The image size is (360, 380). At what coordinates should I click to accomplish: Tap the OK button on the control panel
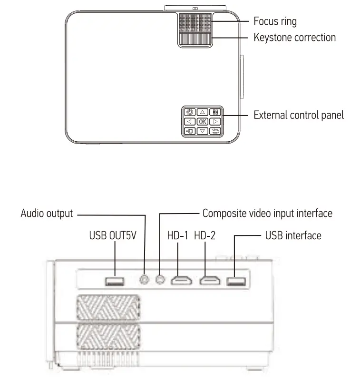(x=203, y=122)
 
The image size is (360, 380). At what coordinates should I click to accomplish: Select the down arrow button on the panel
(x=203, y=131)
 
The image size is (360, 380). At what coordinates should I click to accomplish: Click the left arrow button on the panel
(x=190, y=122)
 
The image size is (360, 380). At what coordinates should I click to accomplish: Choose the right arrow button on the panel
(x=215, y=122)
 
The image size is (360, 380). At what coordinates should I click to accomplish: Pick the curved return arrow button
(x=215, y=131)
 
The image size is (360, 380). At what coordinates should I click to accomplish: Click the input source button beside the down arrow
(x=190, y=131)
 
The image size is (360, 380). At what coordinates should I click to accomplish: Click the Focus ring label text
(x=275, y=21)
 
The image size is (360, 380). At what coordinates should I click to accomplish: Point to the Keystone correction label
(x=294, y=37)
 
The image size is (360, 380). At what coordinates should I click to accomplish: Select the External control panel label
(x=298, y=115)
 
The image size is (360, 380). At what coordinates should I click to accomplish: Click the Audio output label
(x=47, y=213)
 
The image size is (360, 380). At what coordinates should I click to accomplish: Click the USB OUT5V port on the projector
(x=115, y=282)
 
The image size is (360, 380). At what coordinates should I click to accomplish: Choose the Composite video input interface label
(x=267, y=213)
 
